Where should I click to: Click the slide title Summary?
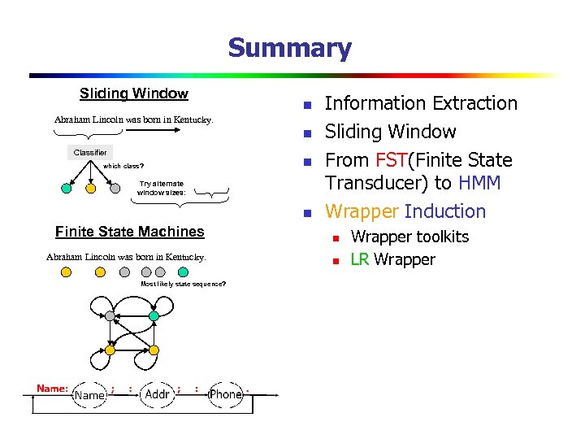tap(289, 48)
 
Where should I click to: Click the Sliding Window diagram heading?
tap(134, 94)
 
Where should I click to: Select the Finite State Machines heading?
tap(130, 232)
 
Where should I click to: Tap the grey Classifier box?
tap(89, 153)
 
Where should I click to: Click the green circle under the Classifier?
tap(67, 189)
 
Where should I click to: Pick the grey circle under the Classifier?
tap(115, 189)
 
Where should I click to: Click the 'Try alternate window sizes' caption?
tap(161, 189)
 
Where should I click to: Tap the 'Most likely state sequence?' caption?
tap(183, 284)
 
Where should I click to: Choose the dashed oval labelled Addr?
tap(157, 394)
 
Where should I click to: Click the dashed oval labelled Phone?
tap(225, 394)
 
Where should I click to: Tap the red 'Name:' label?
tap(52, 389)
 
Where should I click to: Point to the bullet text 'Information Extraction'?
tap(421, 104)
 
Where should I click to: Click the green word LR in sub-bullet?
tap(360, 260)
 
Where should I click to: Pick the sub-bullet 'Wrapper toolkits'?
tap(409, 237)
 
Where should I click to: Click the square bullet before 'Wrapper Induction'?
tap(306, 214)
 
